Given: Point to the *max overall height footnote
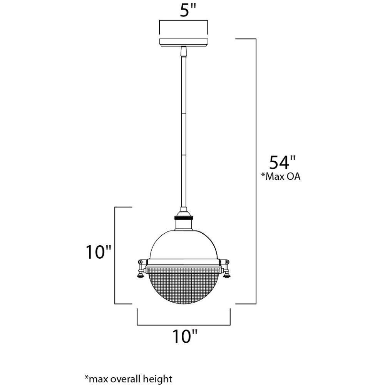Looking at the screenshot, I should coord(128,378).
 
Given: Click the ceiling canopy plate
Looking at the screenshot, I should coord(184,42).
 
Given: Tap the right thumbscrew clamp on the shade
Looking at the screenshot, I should coord(226,269).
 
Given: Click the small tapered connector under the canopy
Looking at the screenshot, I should coord(184,51).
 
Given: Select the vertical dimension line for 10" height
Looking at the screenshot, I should coord(116,255).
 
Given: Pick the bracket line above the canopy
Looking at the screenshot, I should coord(184,22).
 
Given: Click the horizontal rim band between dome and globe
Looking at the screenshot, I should coord(183,263).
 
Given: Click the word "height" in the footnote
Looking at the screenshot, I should coord(159,378).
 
